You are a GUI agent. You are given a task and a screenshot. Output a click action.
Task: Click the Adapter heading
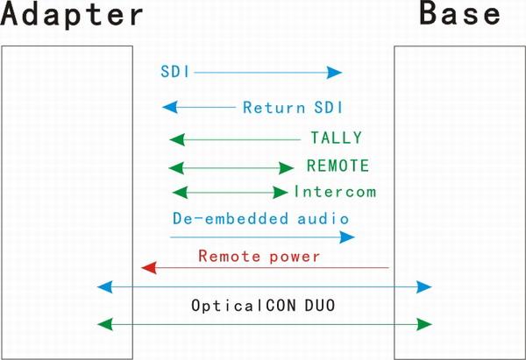tap(72, 14)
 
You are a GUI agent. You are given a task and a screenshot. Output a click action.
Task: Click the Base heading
tap(460, 13)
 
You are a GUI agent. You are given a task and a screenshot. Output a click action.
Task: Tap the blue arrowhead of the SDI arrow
tap(335, 72)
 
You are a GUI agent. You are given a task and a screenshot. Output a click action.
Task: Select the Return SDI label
tap(293, 108)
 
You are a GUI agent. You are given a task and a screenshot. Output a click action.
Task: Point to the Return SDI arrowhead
tap(170, 107)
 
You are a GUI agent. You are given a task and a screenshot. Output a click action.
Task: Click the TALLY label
tap(337, 138)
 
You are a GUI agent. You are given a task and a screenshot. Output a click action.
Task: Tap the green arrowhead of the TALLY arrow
tap(177, 139)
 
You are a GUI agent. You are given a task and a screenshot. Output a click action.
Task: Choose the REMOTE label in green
tap(338, 166)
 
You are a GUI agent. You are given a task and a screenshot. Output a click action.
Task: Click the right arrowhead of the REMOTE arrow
tap(286, 168)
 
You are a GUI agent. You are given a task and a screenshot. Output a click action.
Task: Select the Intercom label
tap(335, 192)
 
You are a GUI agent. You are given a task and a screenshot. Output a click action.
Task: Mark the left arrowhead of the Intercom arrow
tap(180, 193)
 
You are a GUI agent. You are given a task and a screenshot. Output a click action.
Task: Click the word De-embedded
tap(231, 219)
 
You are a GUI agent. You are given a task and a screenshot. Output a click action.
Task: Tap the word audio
tap(323, 219)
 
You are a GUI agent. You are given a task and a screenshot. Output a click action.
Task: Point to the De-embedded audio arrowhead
tap(347, 237)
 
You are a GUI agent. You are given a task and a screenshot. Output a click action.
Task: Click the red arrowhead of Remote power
tap(149, 268)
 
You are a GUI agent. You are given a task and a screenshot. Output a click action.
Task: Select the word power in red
tap(295, 258)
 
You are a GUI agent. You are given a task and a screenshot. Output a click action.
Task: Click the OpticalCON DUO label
tap(263, 306)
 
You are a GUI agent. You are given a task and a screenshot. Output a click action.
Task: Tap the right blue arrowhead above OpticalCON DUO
tap(424, 287)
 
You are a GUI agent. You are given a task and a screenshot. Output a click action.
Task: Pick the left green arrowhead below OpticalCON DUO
tap(104, 324)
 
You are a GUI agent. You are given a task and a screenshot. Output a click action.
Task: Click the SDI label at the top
tap(175, 72)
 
